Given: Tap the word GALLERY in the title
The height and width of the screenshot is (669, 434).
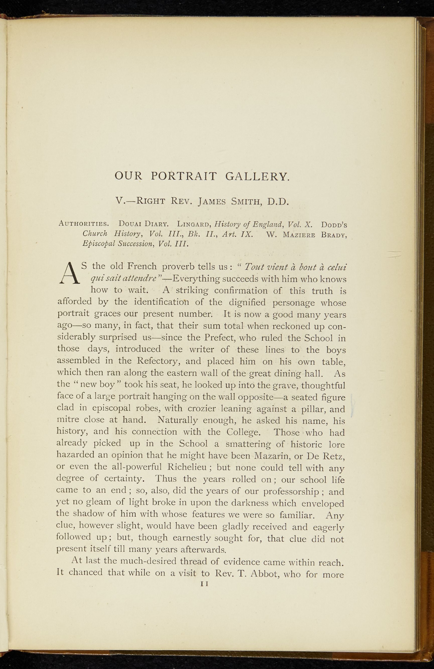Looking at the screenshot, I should click(257, 176).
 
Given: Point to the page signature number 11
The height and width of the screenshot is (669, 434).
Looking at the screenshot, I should click(205, 584).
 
